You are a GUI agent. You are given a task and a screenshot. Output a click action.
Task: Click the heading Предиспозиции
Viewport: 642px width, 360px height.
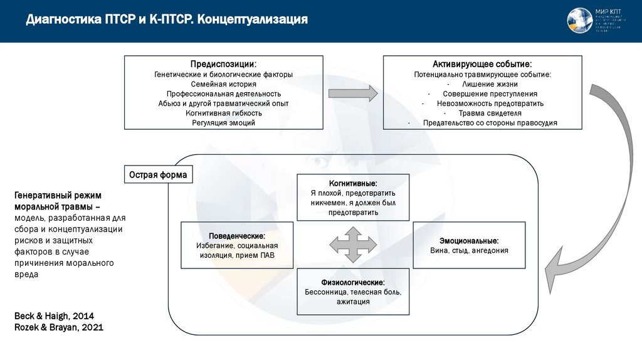click(x=223, y=64)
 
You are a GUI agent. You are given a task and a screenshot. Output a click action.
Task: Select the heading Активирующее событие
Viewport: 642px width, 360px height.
click(x=482, y=64)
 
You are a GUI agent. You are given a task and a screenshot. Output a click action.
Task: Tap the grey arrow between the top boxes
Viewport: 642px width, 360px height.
click(x=353, y=93)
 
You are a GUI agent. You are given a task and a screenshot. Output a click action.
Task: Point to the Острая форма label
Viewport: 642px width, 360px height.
click(x=158, y=175)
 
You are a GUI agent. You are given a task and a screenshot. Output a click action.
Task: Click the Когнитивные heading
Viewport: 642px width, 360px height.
click(x=353, y=183)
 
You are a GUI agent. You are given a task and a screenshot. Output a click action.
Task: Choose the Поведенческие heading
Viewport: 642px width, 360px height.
click(x=236, y=236)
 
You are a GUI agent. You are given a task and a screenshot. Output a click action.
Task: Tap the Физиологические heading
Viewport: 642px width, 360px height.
click(x=353, y=283)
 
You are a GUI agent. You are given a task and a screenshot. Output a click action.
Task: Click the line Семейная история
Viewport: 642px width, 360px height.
click(x=223, y=83)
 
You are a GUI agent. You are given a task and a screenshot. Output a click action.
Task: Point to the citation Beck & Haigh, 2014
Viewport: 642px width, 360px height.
click(x=54, y=315)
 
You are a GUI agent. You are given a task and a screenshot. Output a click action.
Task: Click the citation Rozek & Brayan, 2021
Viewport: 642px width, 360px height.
click(x=59, y=327)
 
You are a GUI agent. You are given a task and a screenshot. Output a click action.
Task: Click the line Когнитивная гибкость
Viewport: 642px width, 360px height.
click(x=223, y=113)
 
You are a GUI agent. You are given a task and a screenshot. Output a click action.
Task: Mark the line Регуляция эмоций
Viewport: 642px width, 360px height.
click(x=223, y=123)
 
